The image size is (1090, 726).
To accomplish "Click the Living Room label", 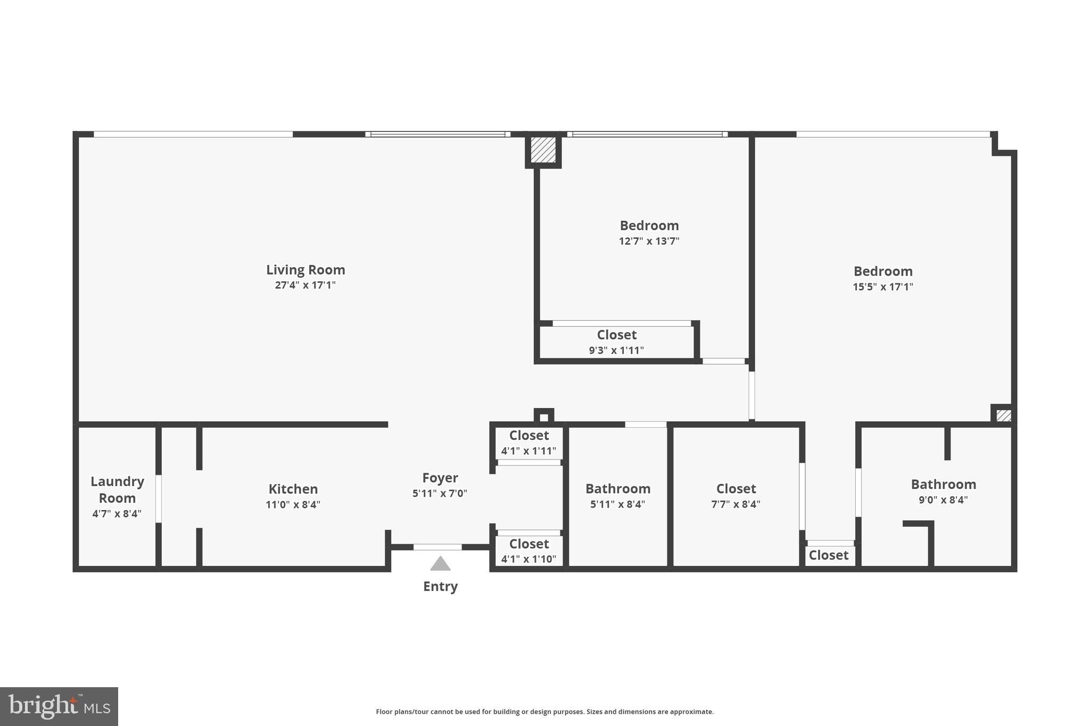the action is [x=305, y=270].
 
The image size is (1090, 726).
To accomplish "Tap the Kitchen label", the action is [x=293, y=489].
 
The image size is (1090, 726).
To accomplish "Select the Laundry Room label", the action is [x=117, y=490].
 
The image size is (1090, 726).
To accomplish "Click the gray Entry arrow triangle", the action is [x=440, y=563].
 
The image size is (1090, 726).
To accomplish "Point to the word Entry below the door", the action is [x=440, y=587].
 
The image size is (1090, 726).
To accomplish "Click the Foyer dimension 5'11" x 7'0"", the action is [x=440, y=494].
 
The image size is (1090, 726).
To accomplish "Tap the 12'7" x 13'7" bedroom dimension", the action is [x=649, y=241].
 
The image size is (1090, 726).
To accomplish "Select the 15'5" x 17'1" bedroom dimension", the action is [x=883, y=287].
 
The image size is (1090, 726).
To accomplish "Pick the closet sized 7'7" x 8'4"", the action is [x=736, y=496].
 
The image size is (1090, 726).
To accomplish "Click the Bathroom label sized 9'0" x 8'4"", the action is [x=943, y=492].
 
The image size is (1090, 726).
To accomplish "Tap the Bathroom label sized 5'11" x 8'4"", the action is [x=617, y=496].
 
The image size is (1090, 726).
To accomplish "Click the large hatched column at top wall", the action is [x=543, y=150].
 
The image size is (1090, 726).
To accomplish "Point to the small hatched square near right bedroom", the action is [x=1003, y=415].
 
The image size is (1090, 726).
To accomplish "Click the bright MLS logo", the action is [x=59, y=706].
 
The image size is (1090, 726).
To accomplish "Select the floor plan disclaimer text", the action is [x=544, y=712].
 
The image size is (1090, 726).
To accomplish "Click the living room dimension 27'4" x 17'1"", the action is [x=305, y=285].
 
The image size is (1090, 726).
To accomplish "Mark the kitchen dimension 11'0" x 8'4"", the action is [x=293, y=504].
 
